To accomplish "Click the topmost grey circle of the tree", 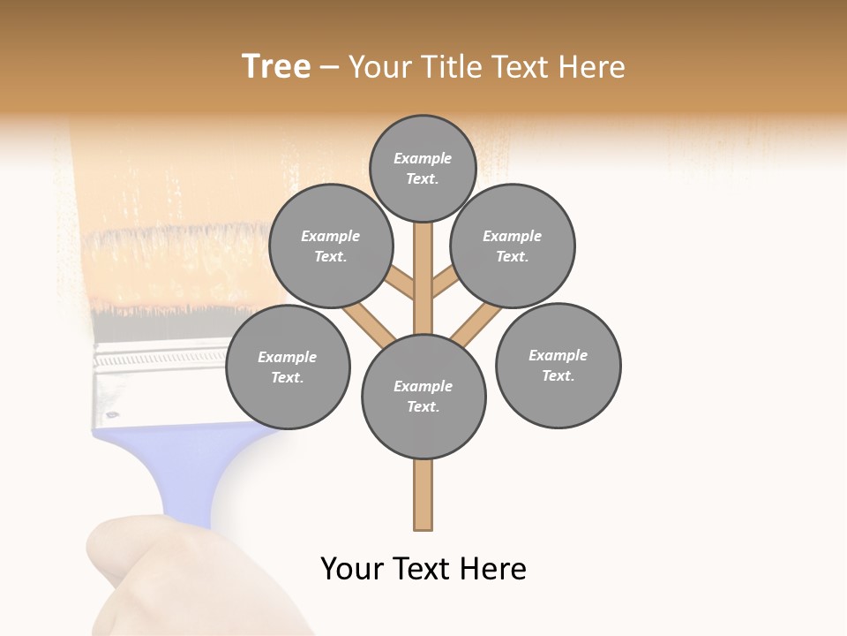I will (x=423, y=168).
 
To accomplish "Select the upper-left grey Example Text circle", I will (x=331, y=246).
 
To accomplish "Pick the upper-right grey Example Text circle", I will (x=513, y=246).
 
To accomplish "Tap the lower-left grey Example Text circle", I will (x=288, y=367).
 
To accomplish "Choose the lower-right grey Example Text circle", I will (x=558, y=365).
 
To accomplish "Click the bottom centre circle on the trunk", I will (x=423, y=397).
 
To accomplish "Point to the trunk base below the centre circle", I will (x=423, y=495).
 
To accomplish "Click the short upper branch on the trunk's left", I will (x=401, y=284).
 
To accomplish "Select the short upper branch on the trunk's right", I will (x=445, y=284).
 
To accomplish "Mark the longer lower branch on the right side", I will (x=476, y=324).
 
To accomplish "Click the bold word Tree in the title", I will (x=276, y=66).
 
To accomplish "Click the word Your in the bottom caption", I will (x=352, y=569).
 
